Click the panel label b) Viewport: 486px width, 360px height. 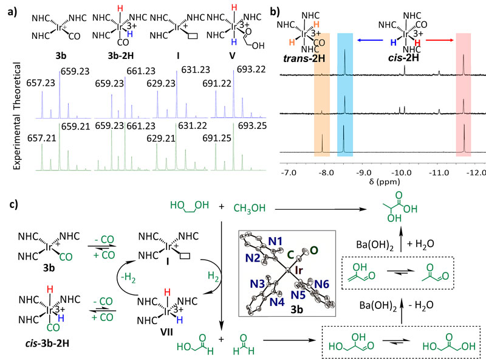click(x=276, y=11)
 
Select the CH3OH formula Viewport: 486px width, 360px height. click(x=250, y=209)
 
